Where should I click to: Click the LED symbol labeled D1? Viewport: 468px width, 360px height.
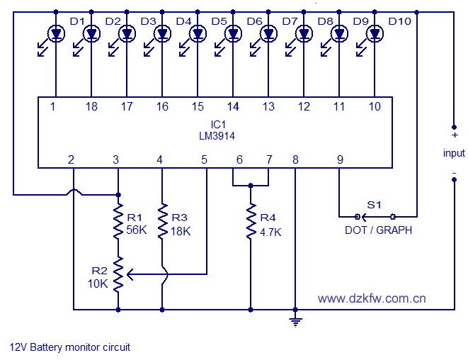[x=56, y=33]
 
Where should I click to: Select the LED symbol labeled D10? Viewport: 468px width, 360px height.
[x=375, y=33]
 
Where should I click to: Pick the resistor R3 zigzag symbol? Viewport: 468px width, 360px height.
[x=162, y=221]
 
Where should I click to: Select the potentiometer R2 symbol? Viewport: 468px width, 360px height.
[x=118, y=274]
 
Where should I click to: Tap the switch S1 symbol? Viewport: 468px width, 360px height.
[x=375, y=215]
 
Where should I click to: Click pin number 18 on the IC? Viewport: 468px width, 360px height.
[x=91, y=106]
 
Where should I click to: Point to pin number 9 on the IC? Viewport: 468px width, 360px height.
[x=340, y=160]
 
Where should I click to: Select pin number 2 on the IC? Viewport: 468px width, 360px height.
[x=72, y=160]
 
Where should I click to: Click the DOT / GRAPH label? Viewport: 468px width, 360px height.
[x=378, y=230]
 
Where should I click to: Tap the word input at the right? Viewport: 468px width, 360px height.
[x=454, y=153]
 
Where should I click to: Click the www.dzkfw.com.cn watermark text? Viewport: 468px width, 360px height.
[x=372, y=298]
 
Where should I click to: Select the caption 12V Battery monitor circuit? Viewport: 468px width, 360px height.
[x=70, y=347]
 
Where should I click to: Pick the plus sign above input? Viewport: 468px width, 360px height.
[x=454, y=135]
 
